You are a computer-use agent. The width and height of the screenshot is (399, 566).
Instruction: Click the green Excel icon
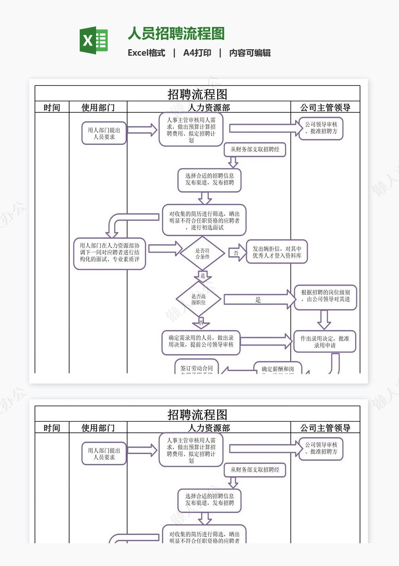(94, 40)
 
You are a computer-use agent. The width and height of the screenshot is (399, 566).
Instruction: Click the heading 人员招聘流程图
(176, 34)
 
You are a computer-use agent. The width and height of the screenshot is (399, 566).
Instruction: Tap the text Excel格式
(146, 53)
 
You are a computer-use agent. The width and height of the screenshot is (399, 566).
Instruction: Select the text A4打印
(197, 53)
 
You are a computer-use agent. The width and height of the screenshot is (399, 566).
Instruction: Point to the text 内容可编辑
(250, 53)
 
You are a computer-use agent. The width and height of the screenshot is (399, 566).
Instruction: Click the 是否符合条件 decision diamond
(202, 253)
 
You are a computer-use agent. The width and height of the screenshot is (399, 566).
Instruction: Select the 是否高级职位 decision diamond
(199, 299)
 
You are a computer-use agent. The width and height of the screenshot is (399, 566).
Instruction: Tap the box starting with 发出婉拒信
(277, 252)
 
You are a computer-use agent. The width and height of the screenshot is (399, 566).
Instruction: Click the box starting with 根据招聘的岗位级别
(325, 297)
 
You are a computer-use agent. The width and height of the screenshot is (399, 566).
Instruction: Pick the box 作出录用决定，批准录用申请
(325, 342)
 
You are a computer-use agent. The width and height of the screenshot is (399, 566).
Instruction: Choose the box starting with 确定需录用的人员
(201, 342)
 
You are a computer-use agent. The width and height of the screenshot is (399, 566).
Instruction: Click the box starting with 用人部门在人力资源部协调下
(109, 254)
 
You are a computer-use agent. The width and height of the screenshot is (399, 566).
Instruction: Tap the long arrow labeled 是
(259, 299)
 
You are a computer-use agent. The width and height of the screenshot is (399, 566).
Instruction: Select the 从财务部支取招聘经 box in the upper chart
(255, 150)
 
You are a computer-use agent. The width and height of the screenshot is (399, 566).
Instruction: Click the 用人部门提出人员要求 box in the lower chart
(104, 454)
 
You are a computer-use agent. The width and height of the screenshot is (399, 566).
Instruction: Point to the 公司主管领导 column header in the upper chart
(325, 108)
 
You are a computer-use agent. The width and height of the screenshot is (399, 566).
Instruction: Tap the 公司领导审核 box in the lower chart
(321, 449)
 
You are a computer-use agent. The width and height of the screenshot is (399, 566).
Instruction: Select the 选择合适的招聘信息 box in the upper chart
(209, 180)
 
